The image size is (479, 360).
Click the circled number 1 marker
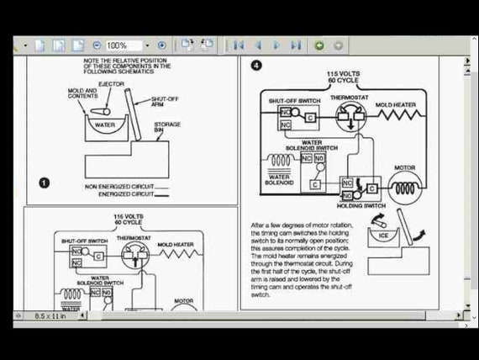tap(44, 183)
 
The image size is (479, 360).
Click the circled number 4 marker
tap(256, 66)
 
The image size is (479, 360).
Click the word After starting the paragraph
tap(260, 225)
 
